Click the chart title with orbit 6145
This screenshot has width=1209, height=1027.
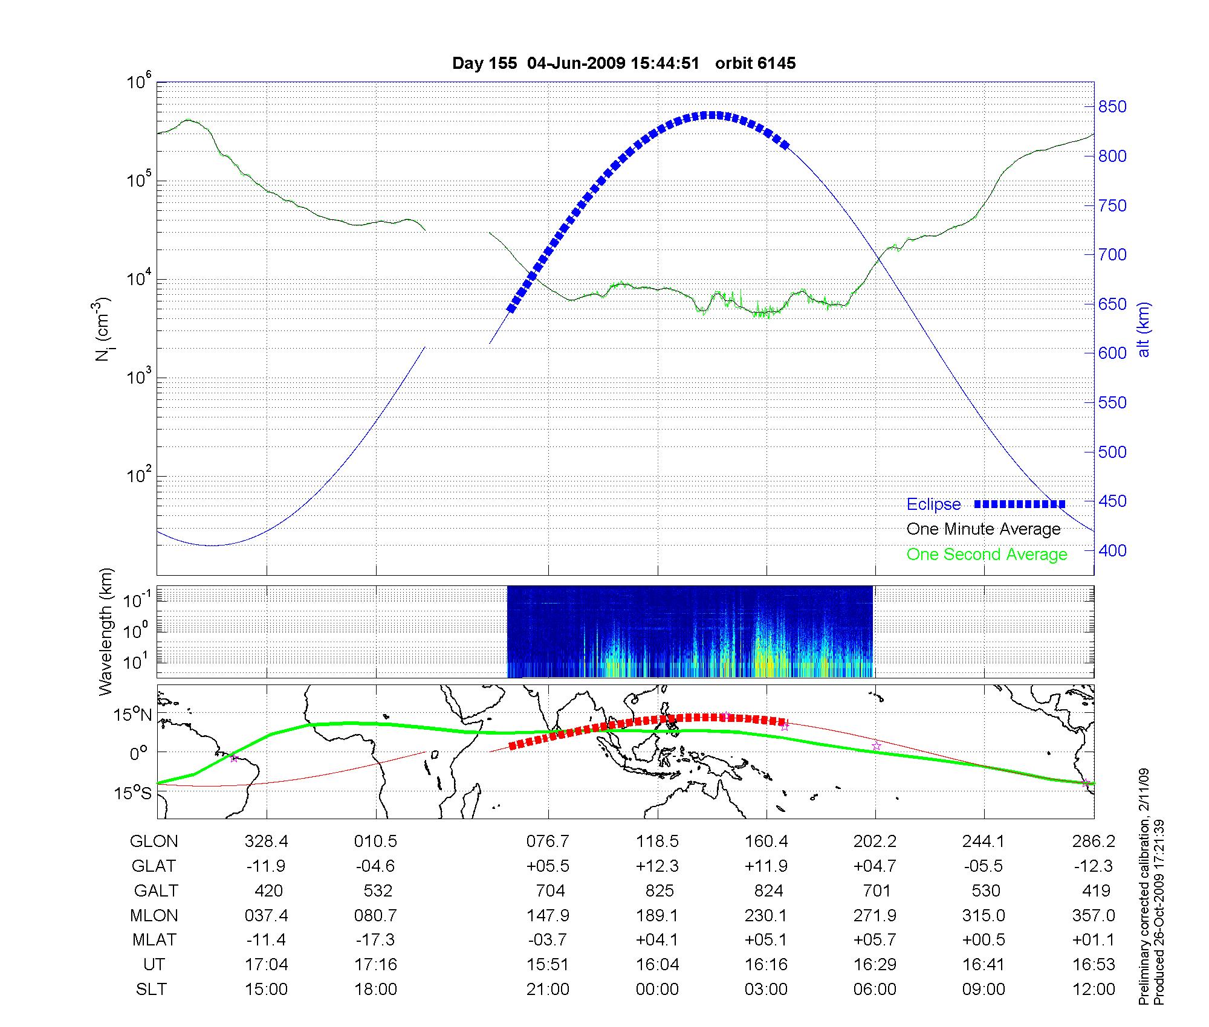[624, 63]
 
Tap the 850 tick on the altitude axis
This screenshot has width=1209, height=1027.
[1113, 107]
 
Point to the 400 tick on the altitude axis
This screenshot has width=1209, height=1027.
[1113, 550]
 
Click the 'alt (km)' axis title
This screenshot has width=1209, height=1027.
[1144, 329]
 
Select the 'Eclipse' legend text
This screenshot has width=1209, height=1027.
[934, 504]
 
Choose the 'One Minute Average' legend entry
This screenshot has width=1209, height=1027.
[984, 529]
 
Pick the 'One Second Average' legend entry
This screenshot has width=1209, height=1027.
[987, 555]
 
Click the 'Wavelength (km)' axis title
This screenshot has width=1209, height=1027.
[106, 632]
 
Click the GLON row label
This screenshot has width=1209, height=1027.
[154, 842]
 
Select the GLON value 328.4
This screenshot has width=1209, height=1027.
[267, 842]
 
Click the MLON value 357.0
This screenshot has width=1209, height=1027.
[1094, 916]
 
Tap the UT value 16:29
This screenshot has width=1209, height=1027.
[875, 965]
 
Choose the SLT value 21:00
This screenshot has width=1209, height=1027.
[547, 990]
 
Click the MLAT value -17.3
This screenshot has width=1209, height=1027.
[375, 940]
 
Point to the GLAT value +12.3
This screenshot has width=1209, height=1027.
[657, 866]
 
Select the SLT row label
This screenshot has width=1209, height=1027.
[151, 990]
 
